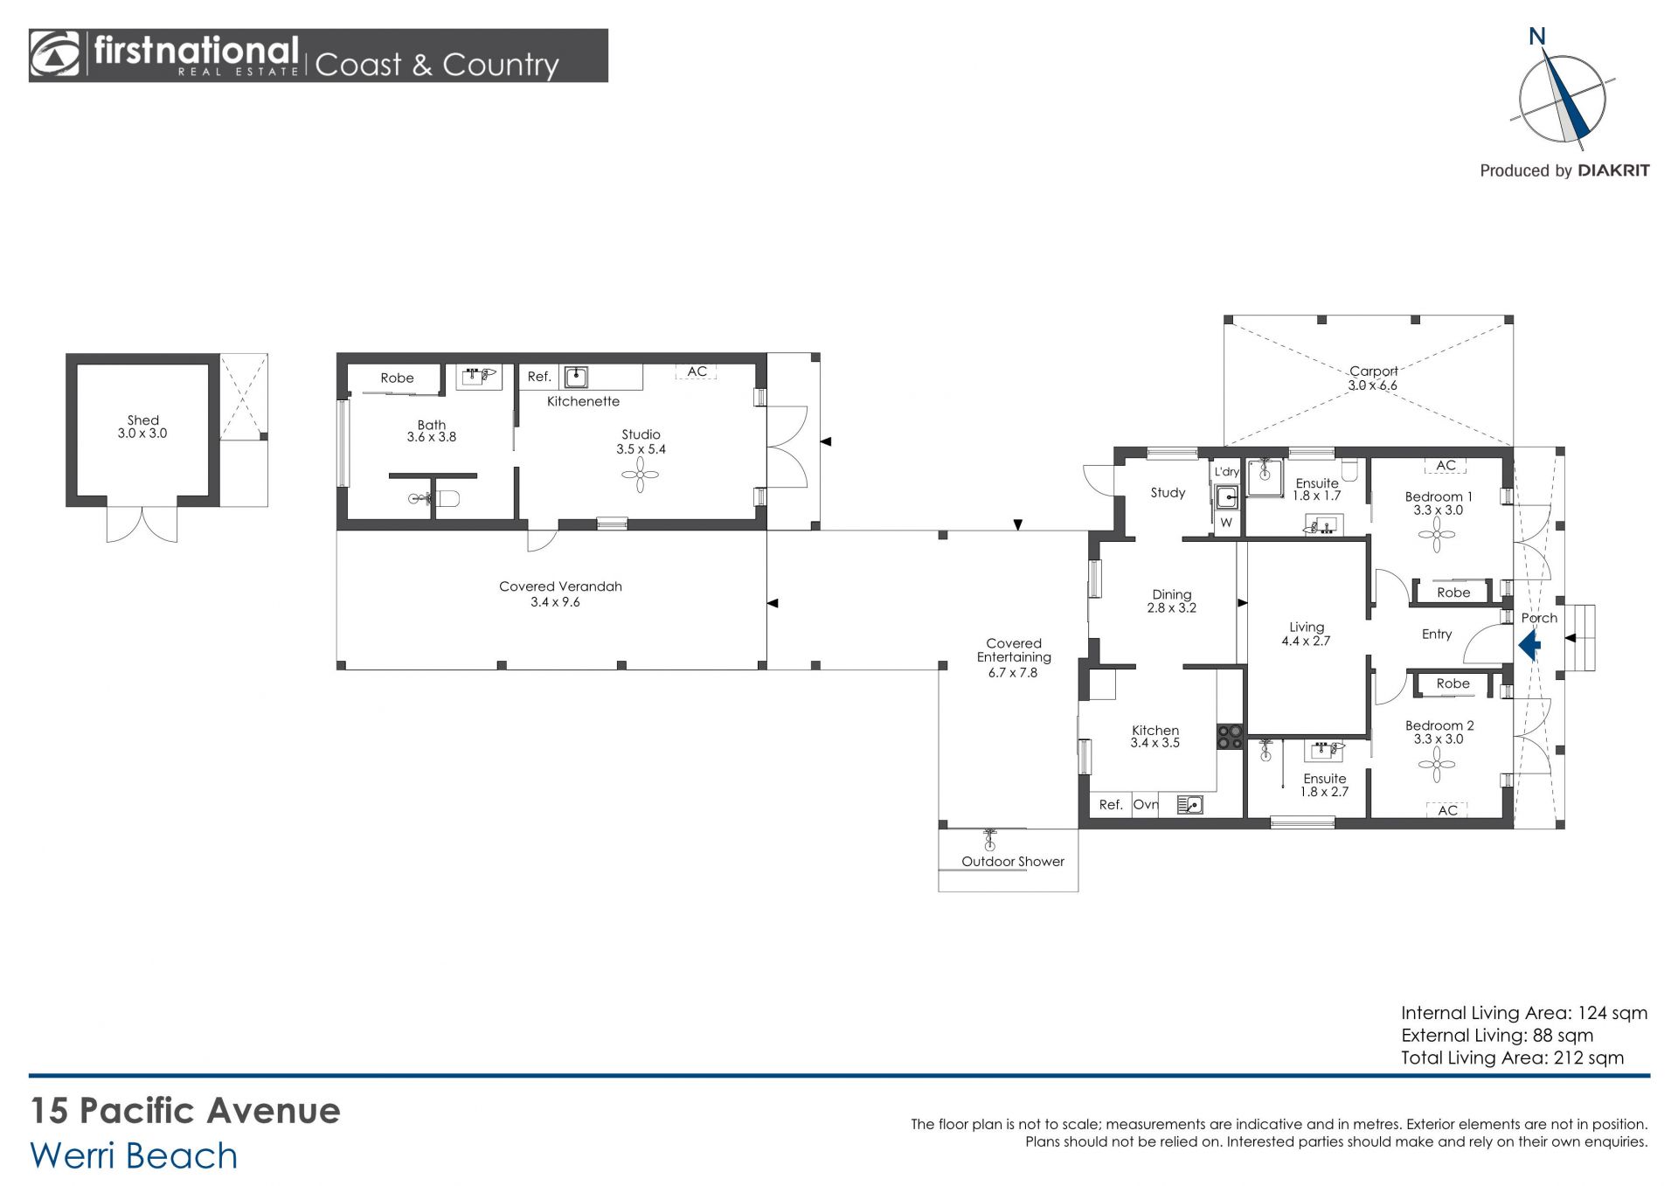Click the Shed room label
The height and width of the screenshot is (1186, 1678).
(143, 420)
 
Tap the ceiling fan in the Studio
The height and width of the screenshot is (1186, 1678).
(641, 475)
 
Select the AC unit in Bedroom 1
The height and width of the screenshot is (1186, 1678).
(1446, 466)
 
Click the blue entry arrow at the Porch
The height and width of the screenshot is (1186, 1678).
(1529, 646)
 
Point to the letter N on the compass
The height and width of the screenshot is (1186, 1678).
(1537, 36)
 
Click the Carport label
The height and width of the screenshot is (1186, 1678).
(1373, 371)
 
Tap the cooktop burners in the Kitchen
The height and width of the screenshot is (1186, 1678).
(1231, 737)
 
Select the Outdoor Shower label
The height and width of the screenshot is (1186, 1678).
(1013, 862)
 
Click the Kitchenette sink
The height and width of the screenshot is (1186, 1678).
(576, 378)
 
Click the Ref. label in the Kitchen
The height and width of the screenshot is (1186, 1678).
(1111, 805)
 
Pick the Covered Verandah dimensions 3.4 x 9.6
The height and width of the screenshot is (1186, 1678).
(555, 602)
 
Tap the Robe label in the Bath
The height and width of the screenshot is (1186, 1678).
(397, 378)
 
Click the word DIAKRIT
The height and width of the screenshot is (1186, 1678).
(1613, 171)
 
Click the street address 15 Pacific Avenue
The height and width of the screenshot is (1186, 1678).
(185, 1111)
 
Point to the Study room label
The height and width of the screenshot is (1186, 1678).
(1168, 493)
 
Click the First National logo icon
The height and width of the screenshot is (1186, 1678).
(55, 55)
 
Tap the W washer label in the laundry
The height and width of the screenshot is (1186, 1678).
(1226, 523)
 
